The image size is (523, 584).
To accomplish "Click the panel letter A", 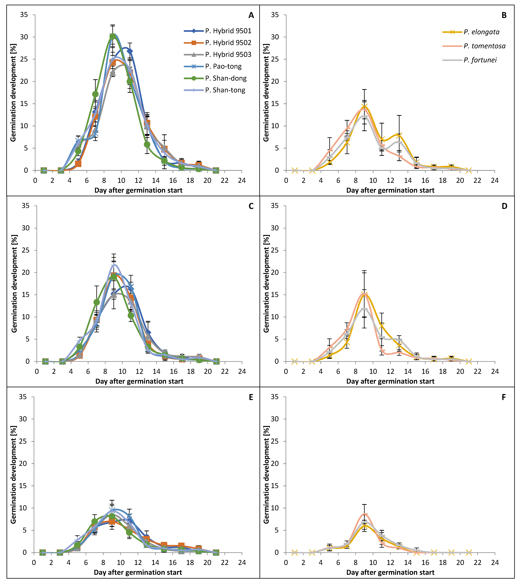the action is click(x=251, y=16).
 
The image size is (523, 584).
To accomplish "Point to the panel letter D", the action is click(x=504, y=206).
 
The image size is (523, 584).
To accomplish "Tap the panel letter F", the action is click(x=504, y=397).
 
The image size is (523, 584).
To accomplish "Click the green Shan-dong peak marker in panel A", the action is click(x=113, y=36).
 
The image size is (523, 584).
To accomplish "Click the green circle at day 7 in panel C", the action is click(x=97, y=302).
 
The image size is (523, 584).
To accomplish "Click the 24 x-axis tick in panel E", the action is click(x=242, y=562).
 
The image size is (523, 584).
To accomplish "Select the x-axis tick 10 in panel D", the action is click(x=373, y=371).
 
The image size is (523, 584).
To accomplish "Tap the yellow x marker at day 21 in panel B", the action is click(x=469, y=170).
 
